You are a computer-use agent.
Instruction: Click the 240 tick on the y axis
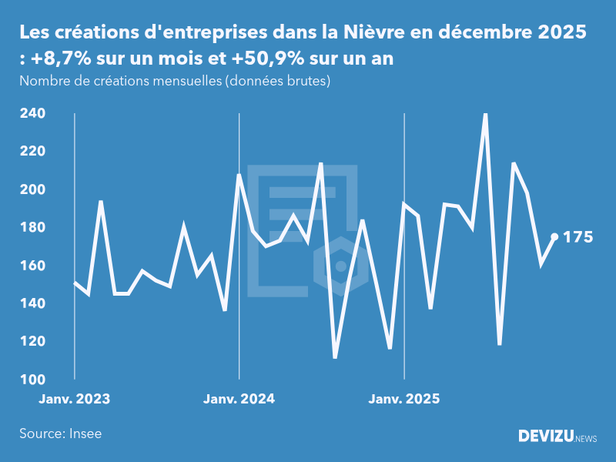pos(32,113)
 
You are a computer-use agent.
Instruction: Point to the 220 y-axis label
pos(32,152)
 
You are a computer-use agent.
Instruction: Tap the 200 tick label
pos(32,189)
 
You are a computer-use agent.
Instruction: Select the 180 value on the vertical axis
pos(32,228)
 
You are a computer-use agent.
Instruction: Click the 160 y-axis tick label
pos(32,266)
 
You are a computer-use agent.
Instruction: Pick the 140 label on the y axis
pos(32,303)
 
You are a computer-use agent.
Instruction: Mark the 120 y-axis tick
pos(32,342)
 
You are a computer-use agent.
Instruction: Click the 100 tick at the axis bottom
pos(32,380)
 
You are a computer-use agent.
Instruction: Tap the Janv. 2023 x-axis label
pos(75,399)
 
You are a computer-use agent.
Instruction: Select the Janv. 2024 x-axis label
pos(239,399)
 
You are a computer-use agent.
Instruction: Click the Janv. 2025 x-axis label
pos(404,399)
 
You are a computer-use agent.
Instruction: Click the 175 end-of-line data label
pos(578,237)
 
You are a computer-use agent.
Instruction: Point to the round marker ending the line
pos(554,237)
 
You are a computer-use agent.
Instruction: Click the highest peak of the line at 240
pos(485,114)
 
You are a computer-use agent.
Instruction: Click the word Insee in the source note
pos(85,434)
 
